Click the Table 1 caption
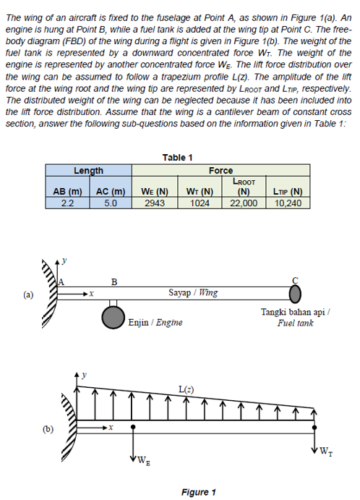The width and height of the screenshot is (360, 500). coord(178,158)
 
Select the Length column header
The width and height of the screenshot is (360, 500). coord(88,171)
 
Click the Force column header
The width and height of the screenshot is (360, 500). coord(220,171)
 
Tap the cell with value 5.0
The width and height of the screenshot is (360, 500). coord(110,203)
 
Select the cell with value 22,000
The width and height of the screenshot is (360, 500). coord(244,203)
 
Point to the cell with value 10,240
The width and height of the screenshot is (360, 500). coord(288,203)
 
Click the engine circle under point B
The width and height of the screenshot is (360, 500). coord(112,316)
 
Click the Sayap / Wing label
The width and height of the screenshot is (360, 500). coord(192,293)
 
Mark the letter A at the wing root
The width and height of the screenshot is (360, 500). coord(62,281)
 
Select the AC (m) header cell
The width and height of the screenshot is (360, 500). coord(110,191)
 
